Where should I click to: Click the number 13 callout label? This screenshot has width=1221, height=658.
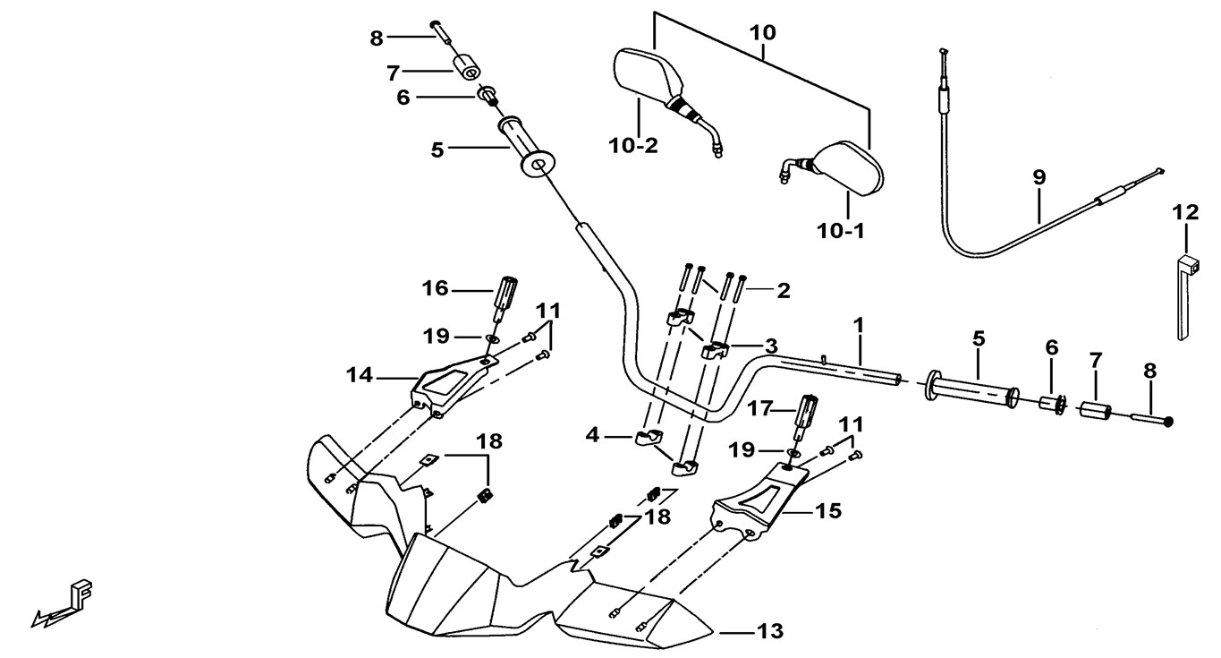pyautogui.click(x=769, y=632)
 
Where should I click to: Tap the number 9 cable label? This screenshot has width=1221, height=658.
pyautogui.click(x=1039, y=177)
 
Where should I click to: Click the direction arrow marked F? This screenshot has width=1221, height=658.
pyautogui.click(x=67, y=604)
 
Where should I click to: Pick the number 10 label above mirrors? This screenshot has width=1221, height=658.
pyautogui.click(x=763, y=34)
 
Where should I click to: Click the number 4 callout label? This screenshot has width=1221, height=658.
pyautogui.click(x=592, y=437)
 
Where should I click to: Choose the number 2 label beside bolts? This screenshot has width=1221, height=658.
pyautogui.click(x=784, y=290)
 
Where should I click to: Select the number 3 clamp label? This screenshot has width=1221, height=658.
pyautogui.click(x=770, y=346)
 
